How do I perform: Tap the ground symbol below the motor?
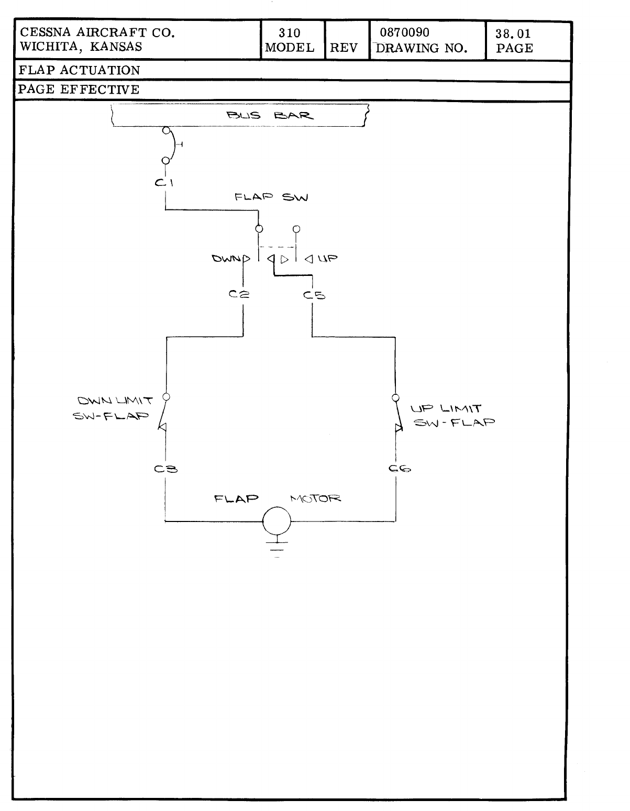click(277, 547)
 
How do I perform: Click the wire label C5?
click(314, 295)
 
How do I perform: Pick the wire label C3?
click(166, 469)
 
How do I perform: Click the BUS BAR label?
click(270, 116)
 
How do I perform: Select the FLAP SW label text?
click(271, 197)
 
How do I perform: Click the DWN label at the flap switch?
click(227, 258)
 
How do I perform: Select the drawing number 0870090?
click(404, 33)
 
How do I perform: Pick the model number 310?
click(289, 34)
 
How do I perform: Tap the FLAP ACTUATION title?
click(79, 70)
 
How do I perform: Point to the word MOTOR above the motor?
click(315, 498)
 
